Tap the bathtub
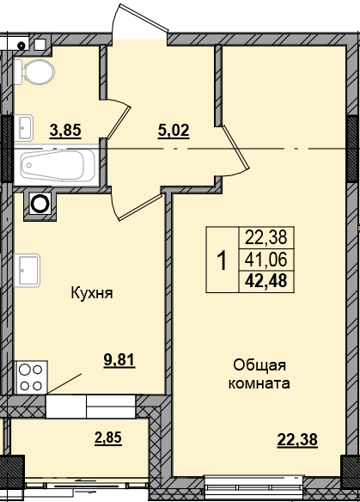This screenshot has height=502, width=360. point(55,164)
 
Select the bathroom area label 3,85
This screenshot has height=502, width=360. point(65,131)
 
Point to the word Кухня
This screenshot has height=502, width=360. point(92,293)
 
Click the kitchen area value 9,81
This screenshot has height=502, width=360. point(119,360)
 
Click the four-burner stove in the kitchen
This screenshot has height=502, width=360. point(32,375)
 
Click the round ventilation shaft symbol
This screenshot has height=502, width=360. point(40,203)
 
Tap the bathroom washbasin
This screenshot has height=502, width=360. point(22,126)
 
